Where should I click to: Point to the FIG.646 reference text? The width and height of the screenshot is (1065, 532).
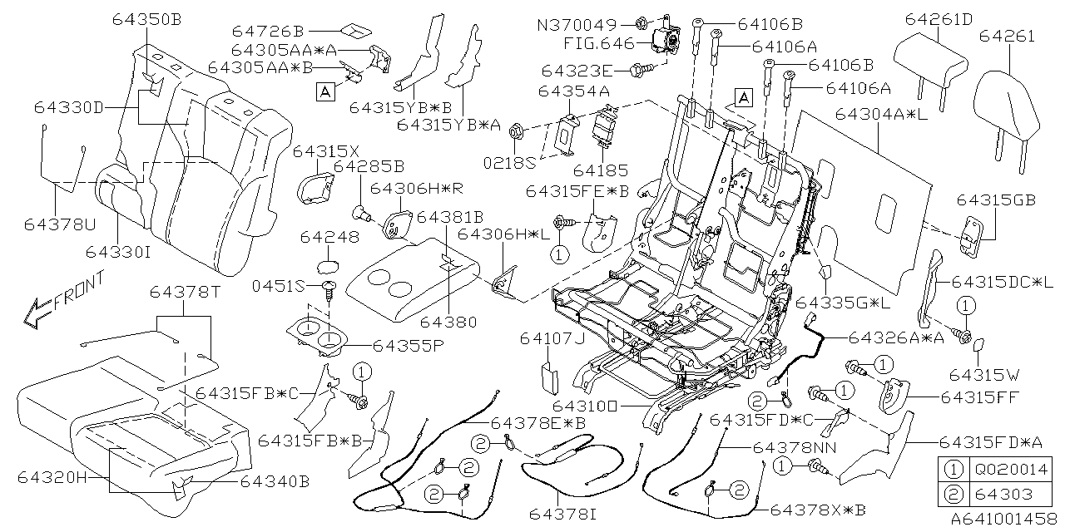(x=597, y=43)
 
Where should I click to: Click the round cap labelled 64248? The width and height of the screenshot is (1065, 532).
(x=329, y=268)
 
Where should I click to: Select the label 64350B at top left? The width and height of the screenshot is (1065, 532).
(x=146, y=20)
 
